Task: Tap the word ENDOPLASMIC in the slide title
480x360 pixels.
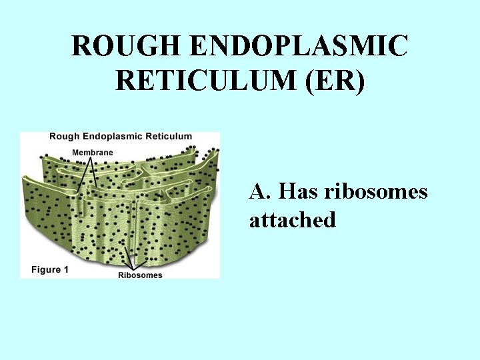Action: (x=299, y=46)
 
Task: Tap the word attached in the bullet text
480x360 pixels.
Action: (x=292, y=220)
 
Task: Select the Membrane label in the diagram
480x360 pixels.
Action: (x=93, y=153)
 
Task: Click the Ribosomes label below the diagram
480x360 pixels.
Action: (x=140, y=275)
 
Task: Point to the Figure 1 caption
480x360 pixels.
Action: (x=50, y=270)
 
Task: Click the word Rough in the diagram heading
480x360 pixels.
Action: (x=64, y=137)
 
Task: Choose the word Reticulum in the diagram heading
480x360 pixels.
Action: (x=170, y=137)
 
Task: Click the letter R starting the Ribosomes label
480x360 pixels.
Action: (x=121, y=275)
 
